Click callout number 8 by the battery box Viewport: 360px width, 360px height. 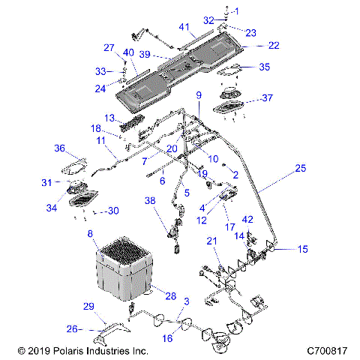pyautogui.click(x=91, y=235)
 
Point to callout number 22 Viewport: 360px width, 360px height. pyautogui.click(x=274, y=46)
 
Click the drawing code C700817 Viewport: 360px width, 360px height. pyautogui.click(x=329, y=350)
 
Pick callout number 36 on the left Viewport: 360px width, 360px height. pyautogui.click(x=59, y=148)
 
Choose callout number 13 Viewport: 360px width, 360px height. pyautogui.click(x=109, y=118)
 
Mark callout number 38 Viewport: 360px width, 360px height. pyautogui.click(x=150, y=202)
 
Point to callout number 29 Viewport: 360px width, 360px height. pyautogui.click(x=88, y=307)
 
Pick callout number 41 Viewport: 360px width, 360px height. pyautogui.click(x=183, y=25)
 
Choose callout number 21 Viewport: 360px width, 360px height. pyautogui.click(x=212, y=240)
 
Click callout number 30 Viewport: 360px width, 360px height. pyautogui.click(x=114, y=211)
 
